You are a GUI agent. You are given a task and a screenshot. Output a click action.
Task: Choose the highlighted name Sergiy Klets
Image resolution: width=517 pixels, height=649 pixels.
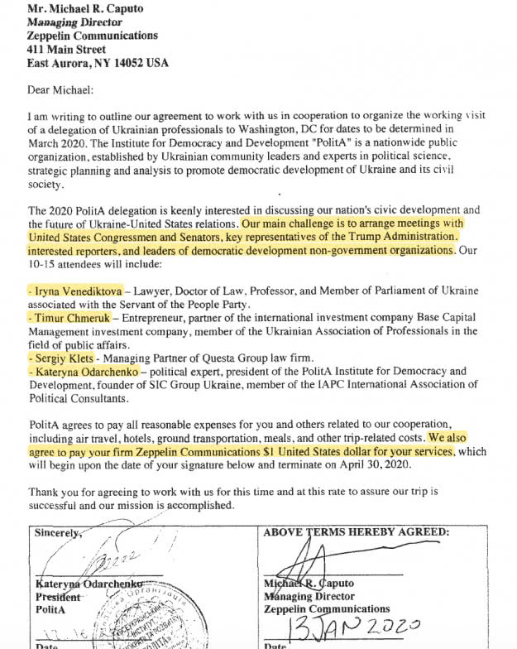pos(60,359)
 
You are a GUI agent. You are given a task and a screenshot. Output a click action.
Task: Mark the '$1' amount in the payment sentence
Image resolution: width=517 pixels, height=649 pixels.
pos(266,452)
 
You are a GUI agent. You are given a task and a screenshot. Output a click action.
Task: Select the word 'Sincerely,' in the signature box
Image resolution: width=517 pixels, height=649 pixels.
pos(60,533)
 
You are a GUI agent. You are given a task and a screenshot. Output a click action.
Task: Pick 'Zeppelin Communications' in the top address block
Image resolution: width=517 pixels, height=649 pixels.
pos(92,36)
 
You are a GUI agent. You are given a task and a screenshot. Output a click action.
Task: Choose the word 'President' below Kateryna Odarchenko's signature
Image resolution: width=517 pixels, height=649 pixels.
pos(58,597)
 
